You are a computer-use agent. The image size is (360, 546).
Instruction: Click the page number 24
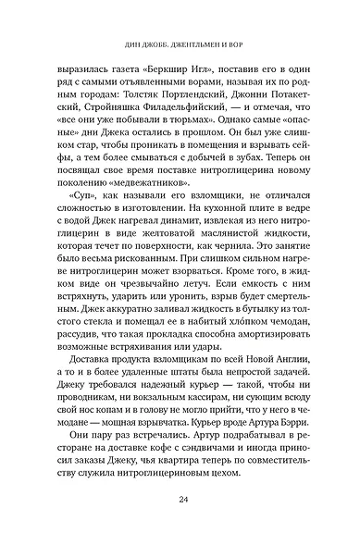point(180,503)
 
